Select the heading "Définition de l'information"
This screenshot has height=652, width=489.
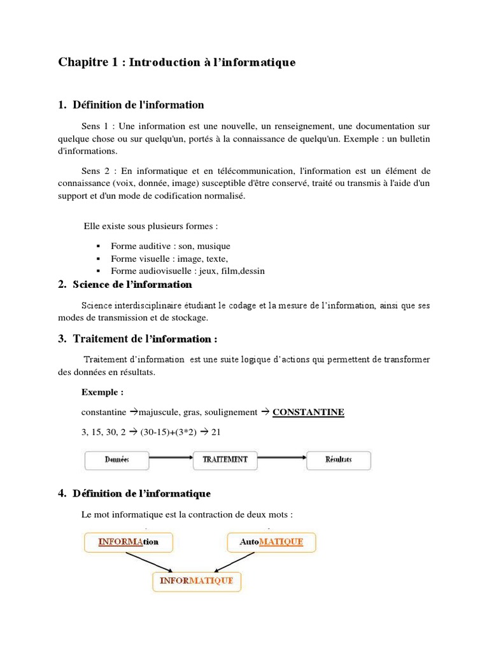pos(138,104)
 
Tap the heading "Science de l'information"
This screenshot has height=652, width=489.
pos(132,284)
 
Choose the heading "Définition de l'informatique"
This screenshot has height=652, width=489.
pos(141,493)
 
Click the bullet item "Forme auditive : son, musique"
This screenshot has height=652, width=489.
pos(170,246)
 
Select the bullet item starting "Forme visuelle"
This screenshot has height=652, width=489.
pos(169,259)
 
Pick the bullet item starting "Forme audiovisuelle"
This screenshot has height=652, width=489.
pos(187,271)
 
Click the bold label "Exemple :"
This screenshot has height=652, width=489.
pos(103,392)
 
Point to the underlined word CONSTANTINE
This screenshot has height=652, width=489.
pos(308,412)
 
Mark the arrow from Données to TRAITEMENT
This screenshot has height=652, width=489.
pos(171,457)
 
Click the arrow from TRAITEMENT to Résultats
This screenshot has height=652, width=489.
pos(282,457)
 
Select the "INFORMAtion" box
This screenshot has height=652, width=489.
pos(127,542)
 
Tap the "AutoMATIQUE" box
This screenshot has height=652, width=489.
pos(271,542)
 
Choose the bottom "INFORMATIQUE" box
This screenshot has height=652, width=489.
pos(197,581)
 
